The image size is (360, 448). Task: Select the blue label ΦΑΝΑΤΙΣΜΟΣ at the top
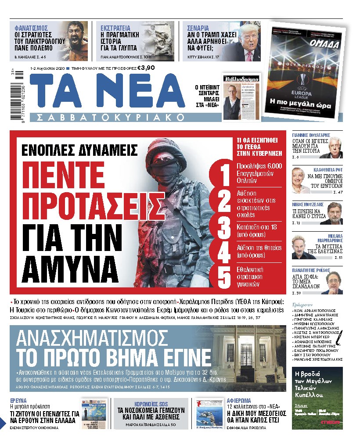[x=32, y=28]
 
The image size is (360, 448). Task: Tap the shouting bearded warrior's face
[x=74, y=38]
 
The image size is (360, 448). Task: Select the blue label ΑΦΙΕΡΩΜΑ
[x=239, y=401]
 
